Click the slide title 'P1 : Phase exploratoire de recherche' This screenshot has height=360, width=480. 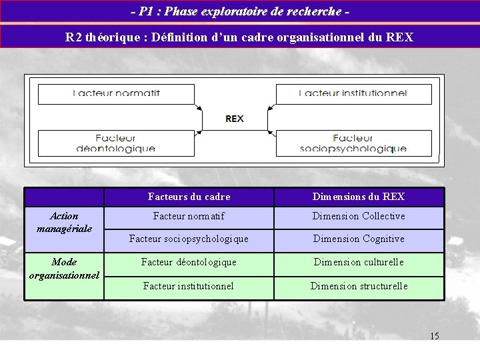pyautogui.click(x=240, y=11)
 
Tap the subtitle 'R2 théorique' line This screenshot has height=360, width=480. pyautogui.click(x=240, y=37)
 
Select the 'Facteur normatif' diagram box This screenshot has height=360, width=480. pyautogui.click(x=117, y=93)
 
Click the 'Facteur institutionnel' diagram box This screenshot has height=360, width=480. pyautogui.click(x=353, y=93)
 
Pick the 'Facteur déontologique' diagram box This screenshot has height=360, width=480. pyautogui.click(x=117, y=143)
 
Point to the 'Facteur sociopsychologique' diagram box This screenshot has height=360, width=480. pyautogui.click(x=353, y=143)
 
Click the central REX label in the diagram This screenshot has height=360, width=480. pyautogui.click(x=235, y=119)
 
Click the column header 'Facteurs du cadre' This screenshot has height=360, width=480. pyautogui.click(x=189, y=197)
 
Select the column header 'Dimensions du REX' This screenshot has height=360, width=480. pyautogui.click(x=359, y=197)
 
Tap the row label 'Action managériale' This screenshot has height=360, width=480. pyautogui.click(x=64, y=222)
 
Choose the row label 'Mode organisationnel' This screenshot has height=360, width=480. pyautogui.click(x=64, y=268)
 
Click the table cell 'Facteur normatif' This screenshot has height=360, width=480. pyautogui.click(x=189, y=216)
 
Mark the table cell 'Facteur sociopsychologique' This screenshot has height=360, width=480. pyautogui.click(x=189, y=239)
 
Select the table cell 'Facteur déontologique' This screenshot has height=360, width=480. pyautogui.click(x=189, y=262)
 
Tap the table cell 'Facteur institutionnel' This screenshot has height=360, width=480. pyautogui.click(x=189, y=286)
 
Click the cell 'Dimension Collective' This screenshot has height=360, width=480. pyautogui.click(x=359, y=216)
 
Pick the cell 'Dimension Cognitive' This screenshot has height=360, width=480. pyautogui.click(x=359, y=239)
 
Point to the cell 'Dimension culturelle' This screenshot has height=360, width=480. pyautogui.click(x=359, y=262)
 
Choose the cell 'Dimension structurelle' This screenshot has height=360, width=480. pyautogui.click(x=359, y=286)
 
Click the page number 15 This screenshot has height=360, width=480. pyautogui.click(x=435, y=336)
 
